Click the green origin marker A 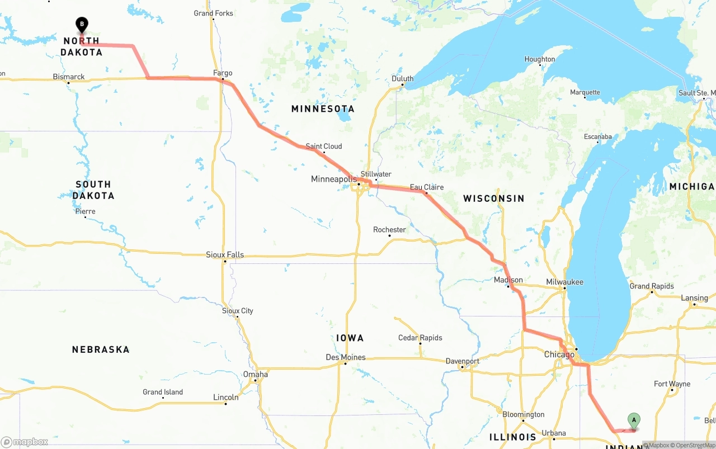(634, 420)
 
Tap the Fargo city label (223, 73)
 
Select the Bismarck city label (69, 77)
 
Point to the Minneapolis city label (333, 179)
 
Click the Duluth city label (402, 79)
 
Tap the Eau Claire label (426, 187)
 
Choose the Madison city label (508, 280)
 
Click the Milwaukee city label (564, 282)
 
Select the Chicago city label (559, 355)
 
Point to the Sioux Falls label (225, 255)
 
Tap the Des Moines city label (346, 357)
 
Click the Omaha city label (255, 375)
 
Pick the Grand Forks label (213, 13)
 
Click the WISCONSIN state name (494, 198)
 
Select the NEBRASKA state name (101, 349)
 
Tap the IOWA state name (350, 338)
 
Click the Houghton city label (539, 59)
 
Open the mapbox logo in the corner (25, 442)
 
